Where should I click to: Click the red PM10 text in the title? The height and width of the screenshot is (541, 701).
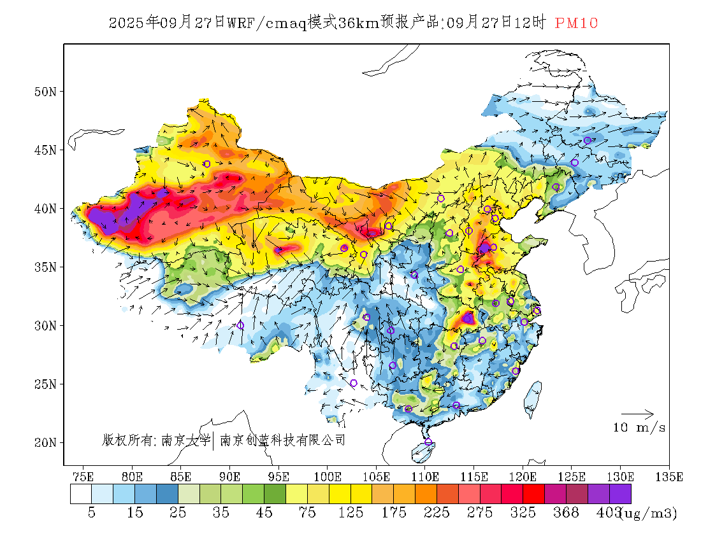click(x=576, y=24)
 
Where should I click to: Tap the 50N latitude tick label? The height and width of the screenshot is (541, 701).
click(x=45, y=92)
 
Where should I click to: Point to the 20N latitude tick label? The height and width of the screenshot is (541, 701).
click(x=45, y=442)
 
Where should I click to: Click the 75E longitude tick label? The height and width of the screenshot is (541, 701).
click(x=83, y=476)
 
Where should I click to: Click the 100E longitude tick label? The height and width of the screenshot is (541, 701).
click(x=328, y=476)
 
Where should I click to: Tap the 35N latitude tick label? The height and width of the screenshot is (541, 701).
click(x=45, y=267)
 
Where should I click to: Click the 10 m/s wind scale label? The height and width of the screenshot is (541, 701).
click(x=639, y=428)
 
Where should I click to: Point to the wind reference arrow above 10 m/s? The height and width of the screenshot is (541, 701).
click(x=637, y=414)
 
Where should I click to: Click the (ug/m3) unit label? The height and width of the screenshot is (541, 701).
click(x=649, y=513)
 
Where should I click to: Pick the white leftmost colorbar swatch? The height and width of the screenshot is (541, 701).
click(x=81, y=495)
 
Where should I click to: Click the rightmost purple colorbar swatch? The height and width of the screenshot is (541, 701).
click(x=620, y=495)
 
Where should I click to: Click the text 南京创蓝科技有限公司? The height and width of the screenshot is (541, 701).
click(x=282, y=440)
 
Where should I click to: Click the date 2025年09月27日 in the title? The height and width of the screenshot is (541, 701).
click(x=167, y=24)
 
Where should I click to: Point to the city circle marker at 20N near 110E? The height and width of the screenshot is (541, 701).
click(x=428, y=442)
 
